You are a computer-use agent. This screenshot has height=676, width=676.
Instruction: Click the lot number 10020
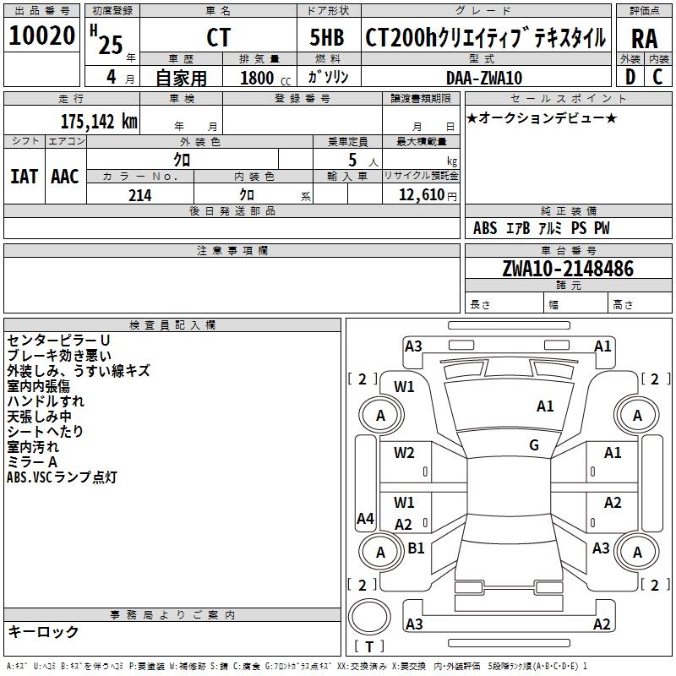[42, 36]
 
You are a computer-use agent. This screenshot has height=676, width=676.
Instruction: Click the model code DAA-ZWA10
[484, 78]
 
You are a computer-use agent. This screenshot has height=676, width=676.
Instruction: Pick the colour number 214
[139, 195]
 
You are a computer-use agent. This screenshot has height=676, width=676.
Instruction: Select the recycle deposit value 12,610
[419, 195]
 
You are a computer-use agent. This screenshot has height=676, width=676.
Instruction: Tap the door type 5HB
[327, 38]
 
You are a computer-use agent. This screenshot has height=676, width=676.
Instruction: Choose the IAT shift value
[25, 176]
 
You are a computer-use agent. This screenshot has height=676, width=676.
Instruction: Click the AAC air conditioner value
[65, 176]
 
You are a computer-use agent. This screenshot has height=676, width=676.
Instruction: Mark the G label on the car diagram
[533, 445]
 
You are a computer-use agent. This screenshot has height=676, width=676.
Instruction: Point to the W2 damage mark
[404, 453]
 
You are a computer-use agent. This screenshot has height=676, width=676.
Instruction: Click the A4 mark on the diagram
[365, 519]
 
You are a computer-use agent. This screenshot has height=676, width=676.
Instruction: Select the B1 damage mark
[416, 548]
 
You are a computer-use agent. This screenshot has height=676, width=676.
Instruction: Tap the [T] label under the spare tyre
[369, 647]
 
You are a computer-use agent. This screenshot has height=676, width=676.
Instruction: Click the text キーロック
[43, 631]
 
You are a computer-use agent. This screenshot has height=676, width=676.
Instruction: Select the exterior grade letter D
[630, 78]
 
